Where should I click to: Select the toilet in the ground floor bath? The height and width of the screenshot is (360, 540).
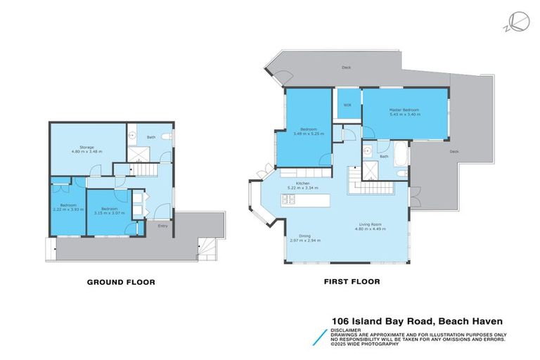click(x=165, y=136)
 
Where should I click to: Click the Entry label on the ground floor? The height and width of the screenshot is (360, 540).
click(x=163, y=226)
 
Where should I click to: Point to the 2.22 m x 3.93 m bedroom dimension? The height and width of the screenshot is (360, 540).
click(x=68, y=210)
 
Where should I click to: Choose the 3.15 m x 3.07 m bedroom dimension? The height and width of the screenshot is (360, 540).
click(x=110, y=212)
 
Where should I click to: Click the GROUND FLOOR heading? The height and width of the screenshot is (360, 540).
click(x=120, y=282)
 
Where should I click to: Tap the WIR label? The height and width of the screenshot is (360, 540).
click(x=347, y=105)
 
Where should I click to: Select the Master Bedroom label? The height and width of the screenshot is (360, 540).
click(x=404, y=109)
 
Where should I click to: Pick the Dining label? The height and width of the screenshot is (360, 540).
click(x=304, y=236)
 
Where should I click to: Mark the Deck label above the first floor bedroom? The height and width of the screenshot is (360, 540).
click(x=346, y=67)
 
